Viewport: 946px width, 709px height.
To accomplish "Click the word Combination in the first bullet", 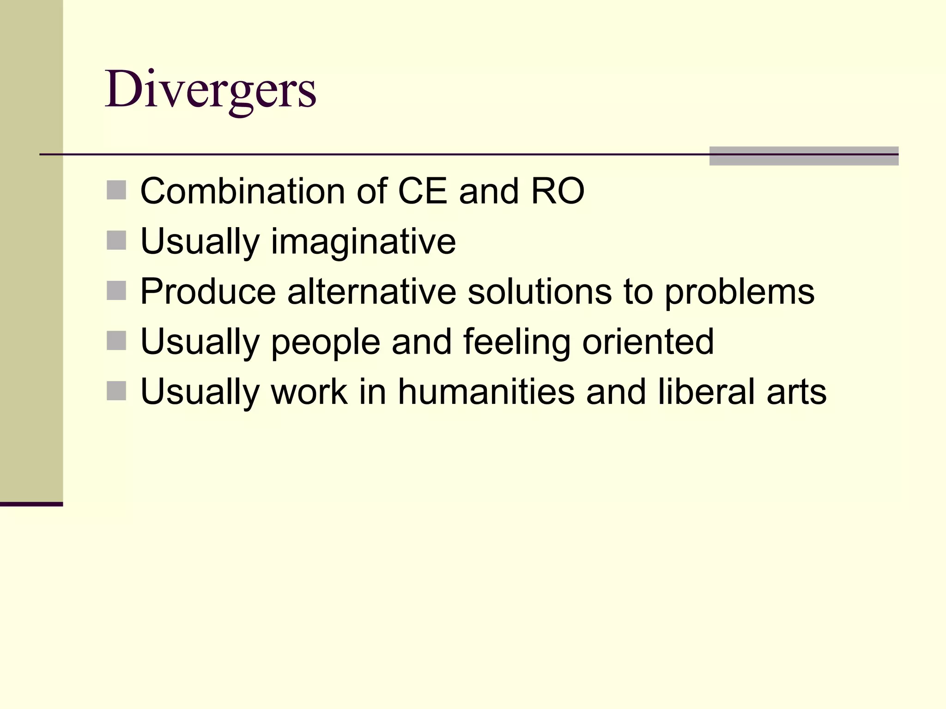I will point(242,191).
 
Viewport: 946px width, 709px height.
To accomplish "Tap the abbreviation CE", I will point(422,191).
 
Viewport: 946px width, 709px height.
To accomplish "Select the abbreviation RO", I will point(558,191).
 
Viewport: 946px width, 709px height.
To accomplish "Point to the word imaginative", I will point(363,242).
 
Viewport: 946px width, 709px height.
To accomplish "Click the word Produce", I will point(208,292).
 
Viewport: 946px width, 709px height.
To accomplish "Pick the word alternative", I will point(371,292).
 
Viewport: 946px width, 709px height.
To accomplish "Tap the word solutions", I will point(539,292).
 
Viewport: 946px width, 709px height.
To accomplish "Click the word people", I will point(325,342).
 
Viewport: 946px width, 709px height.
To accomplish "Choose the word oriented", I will point(648,342).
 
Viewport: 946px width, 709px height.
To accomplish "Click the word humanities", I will point(486,391).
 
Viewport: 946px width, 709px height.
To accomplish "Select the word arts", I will point(796,392).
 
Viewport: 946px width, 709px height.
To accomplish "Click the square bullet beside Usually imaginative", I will point(116,240).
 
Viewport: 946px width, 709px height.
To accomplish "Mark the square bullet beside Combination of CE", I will point(116,190).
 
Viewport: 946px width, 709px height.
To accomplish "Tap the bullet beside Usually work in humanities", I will point(116,391).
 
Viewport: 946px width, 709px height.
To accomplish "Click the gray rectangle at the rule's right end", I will point(804,156).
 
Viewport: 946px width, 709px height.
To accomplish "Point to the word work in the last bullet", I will point(309,391).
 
